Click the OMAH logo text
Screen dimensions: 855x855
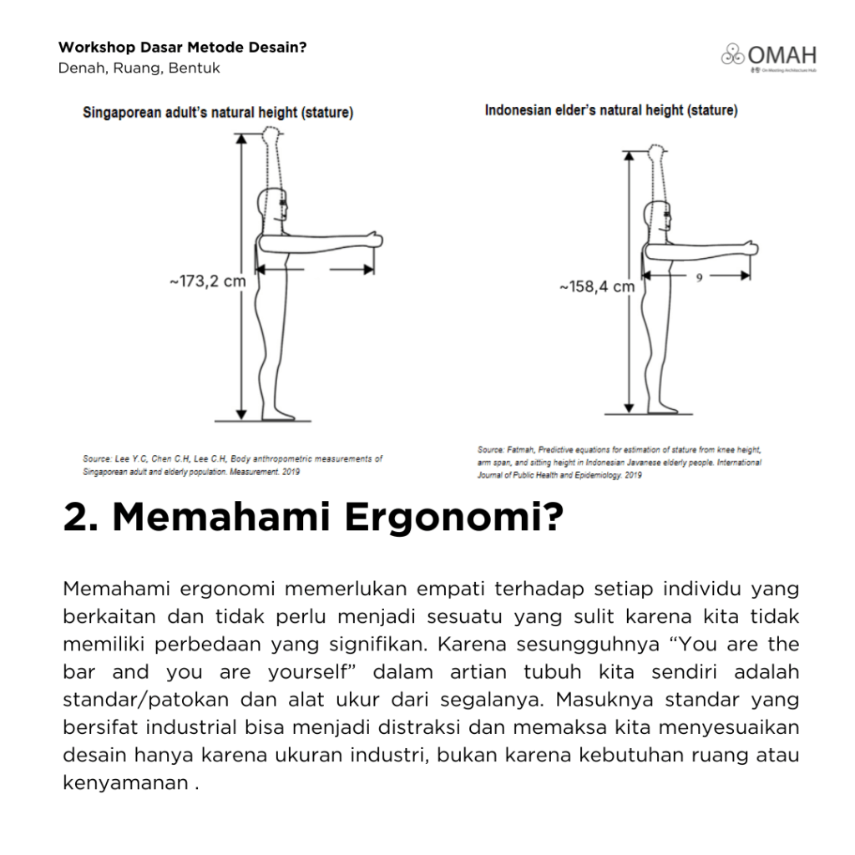pos(782,56)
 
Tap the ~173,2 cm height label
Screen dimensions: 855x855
pos(208,281)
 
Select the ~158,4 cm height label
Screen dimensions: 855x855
pos(596,286)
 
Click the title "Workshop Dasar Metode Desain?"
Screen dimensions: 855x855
pos(182,48)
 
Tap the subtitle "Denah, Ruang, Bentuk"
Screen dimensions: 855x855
pos(139,68)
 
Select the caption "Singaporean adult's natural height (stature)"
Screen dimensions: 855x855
pos(218,114)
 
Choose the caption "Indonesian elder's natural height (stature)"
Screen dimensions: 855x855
pos(611,110)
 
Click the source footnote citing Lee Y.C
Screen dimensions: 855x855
pos(232,465)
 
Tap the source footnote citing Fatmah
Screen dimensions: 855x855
pos(619,463)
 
